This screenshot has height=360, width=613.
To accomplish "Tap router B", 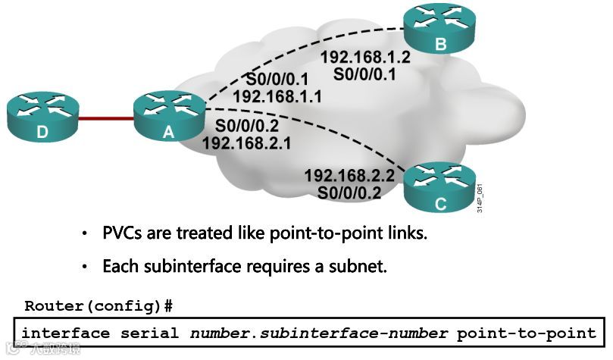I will click(439, 30).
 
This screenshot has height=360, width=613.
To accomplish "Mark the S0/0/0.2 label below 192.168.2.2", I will click(349, 193).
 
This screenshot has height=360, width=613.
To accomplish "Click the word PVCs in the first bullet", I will click(122, 233).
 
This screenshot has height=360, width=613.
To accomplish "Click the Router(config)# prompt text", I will click(99, 306).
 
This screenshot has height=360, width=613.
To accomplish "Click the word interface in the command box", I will click(66, 333).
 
